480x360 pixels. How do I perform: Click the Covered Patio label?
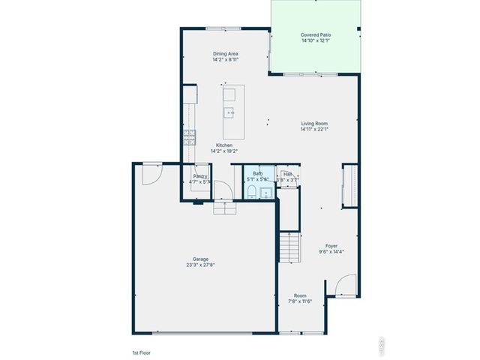pos(316,34)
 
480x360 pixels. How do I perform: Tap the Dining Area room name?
pos(225,54)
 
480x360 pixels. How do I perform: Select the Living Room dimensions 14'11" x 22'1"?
pos(314,129)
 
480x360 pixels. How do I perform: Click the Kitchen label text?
pos(224,145)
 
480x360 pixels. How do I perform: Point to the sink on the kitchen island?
pos(230,113)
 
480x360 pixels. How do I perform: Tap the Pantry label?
pos(199,175)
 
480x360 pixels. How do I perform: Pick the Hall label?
pos(288,173)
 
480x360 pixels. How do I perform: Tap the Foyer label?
pos(331,245)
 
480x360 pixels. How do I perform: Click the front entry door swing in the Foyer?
pos(344,284)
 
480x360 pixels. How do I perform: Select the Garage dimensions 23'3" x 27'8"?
pos(199,265)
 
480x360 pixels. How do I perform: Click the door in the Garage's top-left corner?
pos(150,174)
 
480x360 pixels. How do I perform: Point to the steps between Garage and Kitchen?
pos(224,207)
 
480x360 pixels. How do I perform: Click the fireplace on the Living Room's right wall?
pos(348,185)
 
